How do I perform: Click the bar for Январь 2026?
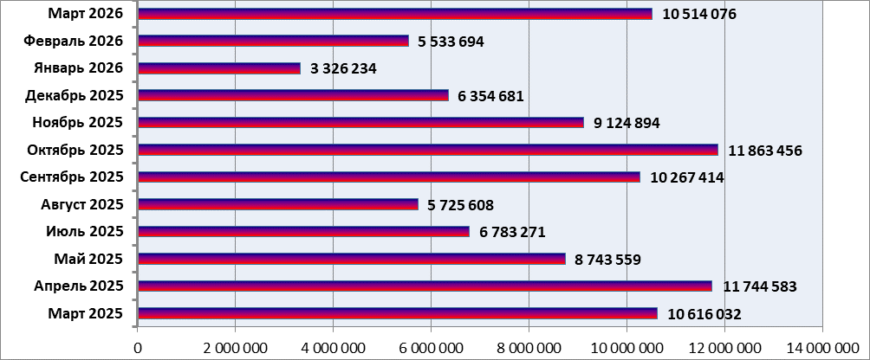point(219,68)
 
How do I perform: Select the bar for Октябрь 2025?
point(428,150)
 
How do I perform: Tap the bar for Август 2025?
point(278,204)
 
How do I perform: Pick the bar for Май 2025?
point(352,259)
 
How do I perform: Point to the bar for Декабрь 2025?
point(293,95)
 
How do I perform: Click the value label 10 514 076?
point(698,14)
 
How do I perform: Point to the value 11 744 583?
point(760,286)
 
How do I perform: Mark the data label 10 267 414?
point(686,177)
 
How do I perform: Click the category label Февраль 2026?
point(74,41)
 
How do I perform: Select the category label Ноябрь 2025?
point(78,122)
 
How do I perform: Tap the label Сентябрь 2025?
point(72,177)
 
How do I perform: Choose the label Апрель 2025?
point(78,286)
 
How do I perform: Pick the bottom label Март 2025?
point(85,312)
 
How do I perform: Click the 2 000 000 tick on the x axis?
point(235,348)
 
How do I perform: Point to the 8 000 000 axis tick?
point(529,348)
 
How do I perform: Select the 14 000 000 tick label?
point(821,348)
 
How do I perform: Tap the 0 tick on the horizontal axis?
point(137,348)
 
